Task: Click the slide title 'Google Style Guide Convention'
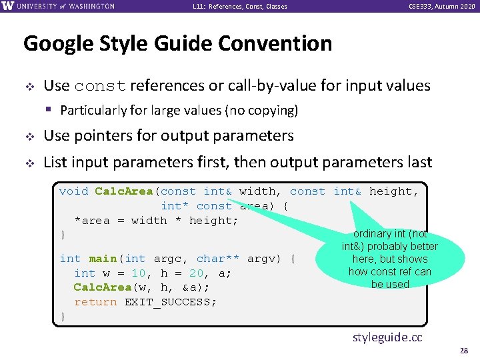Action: (177, 44)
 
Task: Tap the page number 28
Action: (464, 351)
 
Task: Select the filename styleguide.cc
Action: (387, 337)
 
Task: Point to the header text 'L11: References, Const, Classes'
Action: (240, 7)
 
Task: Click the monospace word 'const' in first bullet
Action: (100, 87)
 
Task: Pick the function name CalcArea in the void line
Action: (123, 191)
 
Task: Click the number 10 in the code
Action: (139, 273)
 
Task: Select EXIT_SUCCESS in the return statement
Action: (171, 302)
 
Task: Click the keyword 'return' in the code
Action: (95, 302)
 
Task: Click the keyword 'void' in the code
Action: (73, 191)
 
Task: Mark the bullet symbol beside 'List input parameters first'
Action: (29, 163)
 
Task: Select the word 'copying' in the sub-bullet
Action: (273, 111)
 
